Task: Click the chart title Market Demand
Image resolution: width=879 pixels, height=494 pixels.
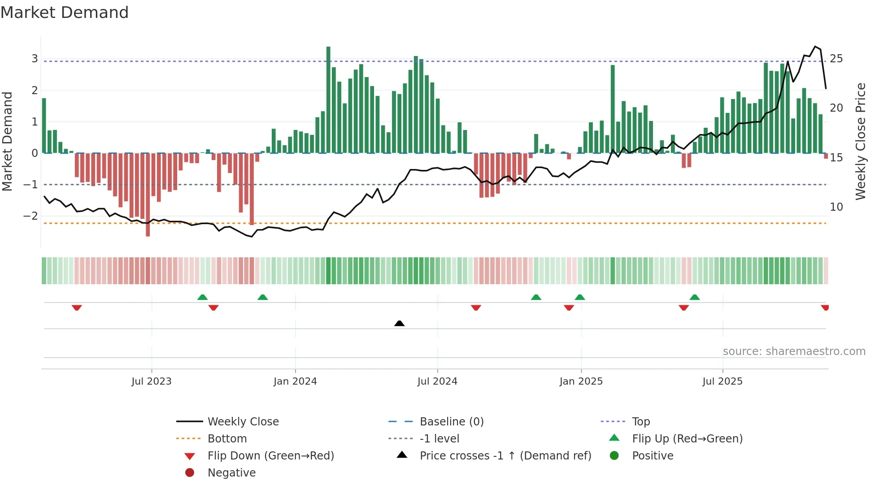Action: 65,13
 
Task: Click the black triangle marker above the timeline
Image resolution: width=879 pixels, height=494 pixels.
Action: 399,323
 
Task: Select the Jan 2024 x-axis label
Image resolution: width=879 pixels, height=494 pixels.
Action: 295,381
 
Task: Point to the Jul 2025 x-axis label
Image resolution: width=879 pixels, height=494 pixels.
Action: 722,381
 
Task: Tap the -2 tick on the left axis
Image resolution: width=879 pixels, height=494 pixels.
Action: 31,216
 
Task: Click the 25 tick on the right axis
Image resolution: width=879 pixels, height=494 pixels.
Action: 836,59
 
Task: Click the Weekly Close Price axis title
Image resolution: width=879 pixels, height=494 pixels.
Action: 860,141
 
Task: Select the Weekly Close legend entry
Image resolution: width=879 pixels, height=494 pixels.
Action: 243,422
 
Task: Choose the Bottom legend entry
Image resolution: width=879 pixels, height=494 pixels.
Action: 227,439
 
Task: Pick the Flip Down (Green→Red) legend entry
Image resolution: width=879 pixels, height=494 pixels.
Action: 270,456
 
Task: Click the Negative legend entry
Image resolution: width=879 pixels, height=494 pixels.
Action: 231,473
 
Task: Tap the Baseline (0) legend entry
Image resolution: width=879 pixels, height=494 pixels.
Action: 451,422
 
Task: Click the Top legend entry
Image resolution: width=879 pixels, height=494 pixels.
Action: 640,422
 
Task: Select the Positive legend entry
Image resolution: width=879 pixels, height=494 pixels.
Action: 653,456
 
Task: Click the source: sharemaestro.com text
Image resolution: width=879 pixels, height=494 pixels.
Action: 794,351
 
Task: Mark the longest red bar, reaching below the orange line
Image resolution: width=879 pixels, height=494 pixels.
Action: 148,195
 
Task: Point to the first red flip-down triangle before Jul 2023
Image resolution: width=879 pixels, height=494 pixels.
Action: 77,308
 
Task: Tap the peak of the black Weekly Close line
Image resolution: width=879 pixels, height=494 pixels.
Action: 816,47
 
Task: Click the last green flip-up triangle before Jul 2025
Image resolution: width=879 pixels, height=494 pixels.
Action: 695,297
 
